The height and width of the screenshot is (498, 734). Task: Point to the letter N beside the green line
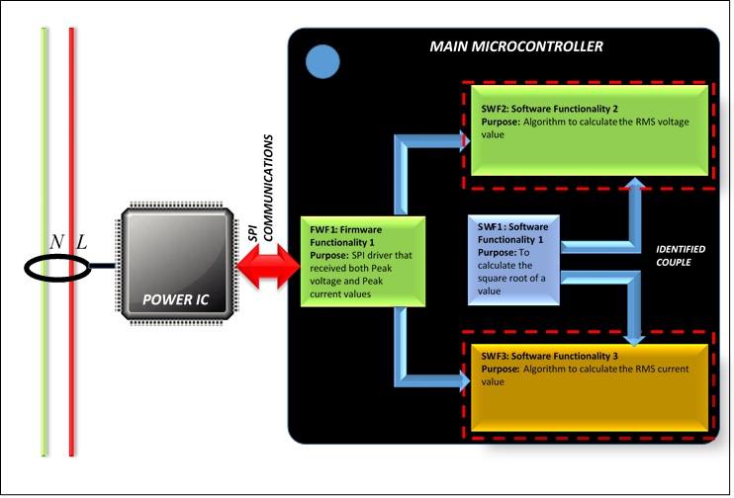56,242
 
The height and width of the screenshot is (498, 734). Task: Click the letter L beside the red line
82,242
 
